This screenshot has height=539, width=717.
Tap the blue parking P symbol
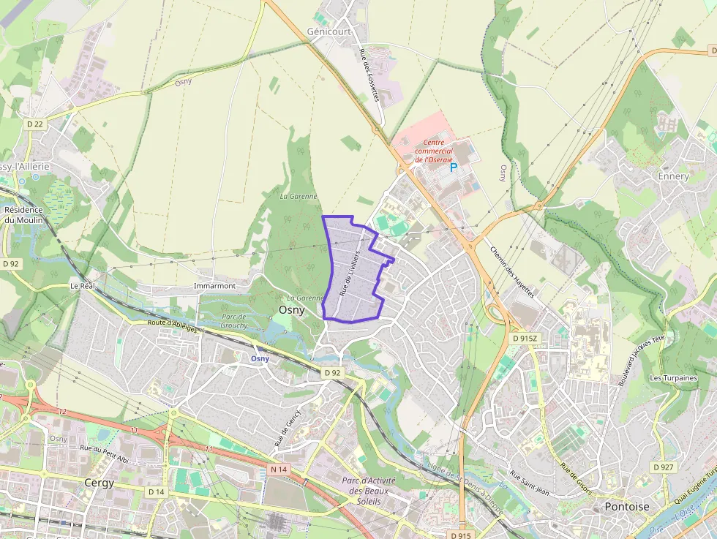[454, 167]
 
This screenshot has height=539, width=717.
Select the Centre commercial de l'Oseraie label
[434, 151]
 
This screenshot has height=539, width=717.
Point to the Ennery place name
[673, 176]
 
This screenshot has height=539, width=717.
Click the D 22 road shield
[34, 124]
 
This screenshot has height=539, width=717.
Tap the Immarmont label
[215, 285]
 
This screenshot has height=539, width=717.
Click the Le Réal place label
[83, 285]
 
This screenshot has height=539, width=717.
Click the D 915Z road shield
[525, 339]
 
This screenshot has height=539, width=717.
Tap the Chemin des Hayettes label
[512, 271]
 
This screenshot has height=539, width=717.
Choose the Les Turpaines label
[673, 378]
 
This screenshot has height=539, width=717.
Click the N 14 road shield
[279, 469]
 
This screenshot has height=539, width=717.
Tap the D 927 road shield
[663, 467]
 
